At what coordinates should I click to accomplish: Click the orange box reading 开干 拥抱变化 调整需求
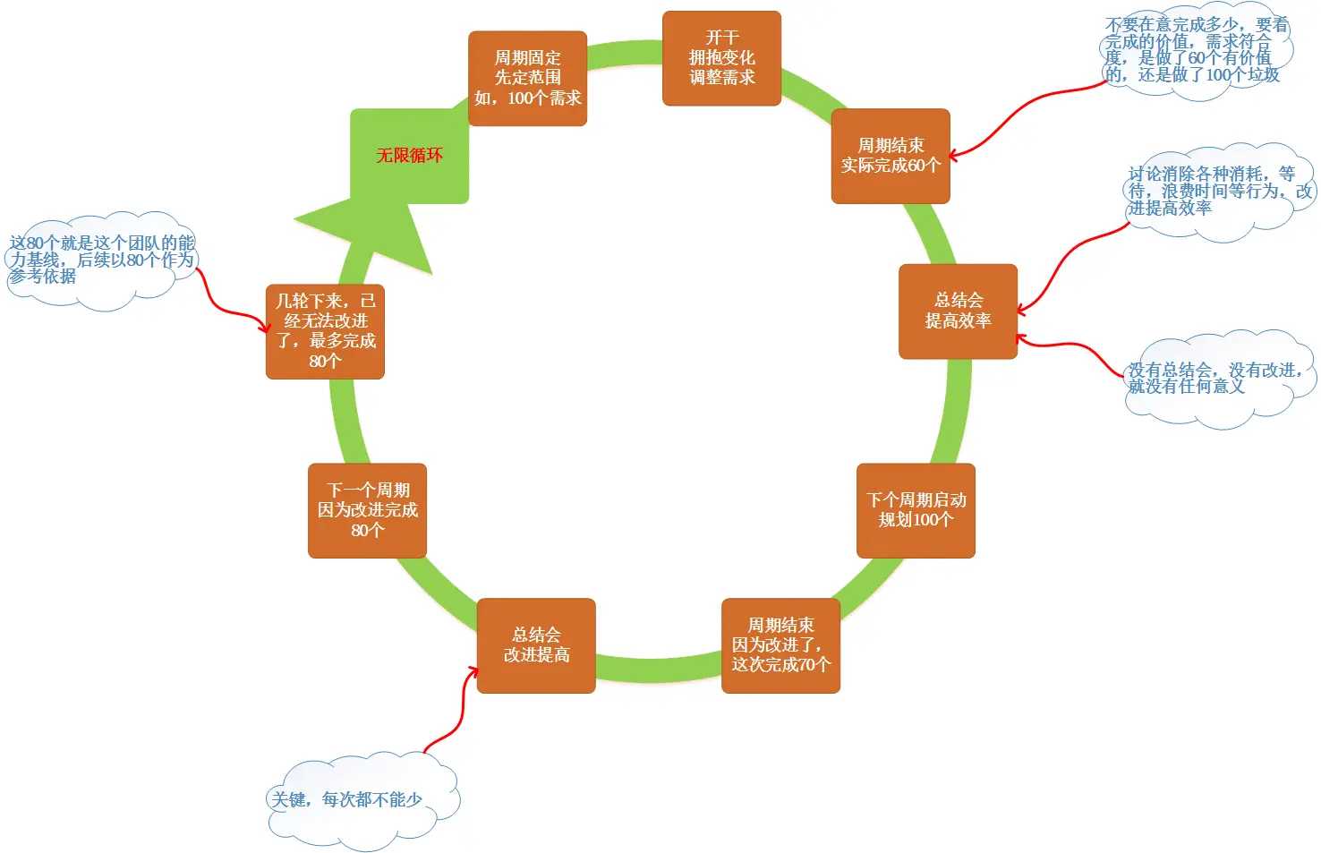coord(721,58)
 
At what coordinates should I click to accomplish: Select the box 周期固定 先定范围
coord(527,79)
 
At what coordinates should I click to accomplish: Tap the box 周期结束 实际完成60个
coord(891,156)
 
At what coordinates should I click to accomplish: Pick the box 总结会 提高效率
coord(958,311)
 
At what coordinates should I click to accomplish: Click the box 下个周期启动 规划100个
coord(916,510)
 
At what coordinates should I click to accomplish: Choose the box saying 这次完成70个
coord(780,645)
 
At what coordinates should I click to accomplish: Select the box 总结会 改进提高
coord(536,645)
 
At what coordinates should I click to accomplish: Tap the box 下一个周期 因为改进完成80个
coord(367,510)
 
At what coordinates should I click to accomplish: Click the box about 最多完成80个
coord(325,331)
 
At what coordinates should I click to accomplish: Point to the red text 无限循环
coord(409,156)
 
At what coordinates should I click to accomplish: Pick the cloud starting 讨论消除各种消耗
coord(1217,192)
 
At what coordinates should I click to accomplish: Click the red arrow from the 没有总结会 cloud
coord(1074,345)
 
